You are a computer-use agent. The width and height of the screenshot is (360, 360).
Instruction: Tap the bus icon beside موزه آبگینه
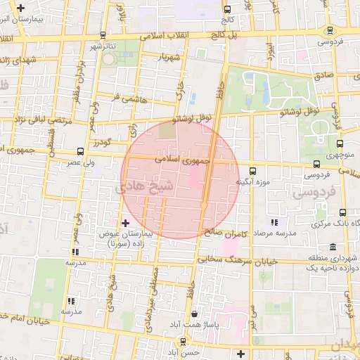(253, 169)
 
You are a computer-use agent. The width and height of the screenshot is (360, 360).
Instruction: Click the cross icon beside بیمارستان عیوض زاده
(126, 223)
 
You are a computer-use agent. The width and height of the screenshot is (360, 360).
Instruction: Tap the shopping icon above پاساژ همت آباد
(193, 314)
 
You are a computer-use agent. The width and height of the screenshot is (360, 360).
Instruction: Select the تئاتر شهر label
(101, 46)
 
